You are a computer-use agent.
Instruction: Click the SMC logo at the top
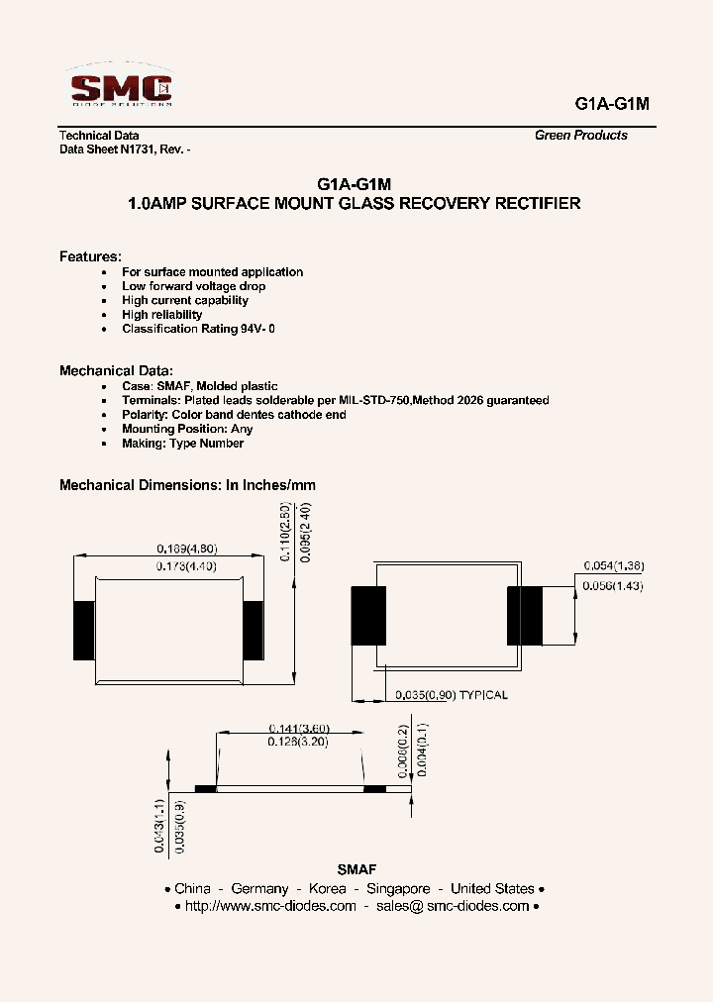(x=122, y=88)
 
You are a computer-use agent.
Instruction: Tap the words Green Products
(x=580, y=136)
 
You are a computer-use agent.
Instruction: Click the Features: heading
(x=90, y=256)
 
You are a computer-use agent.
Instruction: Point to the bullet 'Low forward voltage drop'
(x=193, y=286)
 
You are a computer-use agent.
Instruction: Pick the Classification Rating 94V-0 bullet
(x=198, y=329)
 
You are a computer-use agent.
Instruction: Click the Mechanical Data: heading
(x=116, y=370)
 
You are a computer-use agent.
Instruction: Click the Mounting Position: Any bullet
(x=187, y=429)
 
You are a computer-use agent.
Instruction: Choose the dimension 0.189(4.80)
(x=187, y=549)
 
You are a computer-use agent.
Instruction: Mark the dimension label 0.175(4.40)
(x=187, y=565)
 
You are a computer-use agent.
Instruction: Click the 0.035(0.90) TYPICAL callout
(x=451, y=695)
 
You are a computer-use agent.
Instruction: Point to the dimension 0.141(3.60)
(x=298, y=726)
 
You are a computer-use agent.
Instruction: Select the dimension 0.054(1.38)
(x=615, y=565)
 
